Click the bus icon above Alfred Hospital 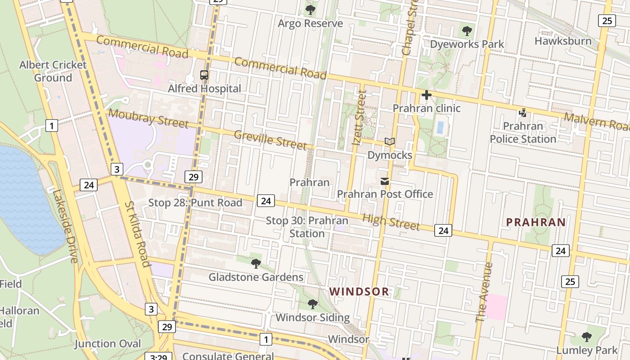click(204, 75)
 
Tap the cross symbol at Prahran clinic click(426, 95)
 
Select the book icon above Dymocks click(390, 142)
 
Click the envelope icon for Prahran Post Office click(385, 181)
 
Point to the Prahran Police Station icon click(522, 113)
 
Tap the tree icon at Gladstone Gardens click(256, 264)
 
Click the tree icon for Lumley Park click(587, 337)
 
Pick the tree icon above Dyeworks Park click(467, 31)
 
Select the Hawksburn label click(563, 41)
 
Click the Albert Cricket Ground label click(53, 71)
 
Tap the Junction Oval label click(108, 344)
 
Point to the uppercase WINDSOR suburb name click(359, 292)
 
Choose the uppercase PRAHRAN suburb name click(536, 222)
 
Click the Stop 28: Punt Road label click(195, 202)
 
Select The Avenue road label click(484, 292)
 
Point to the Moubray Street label click(148, 118)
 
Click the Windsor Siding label click(312, 317)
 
